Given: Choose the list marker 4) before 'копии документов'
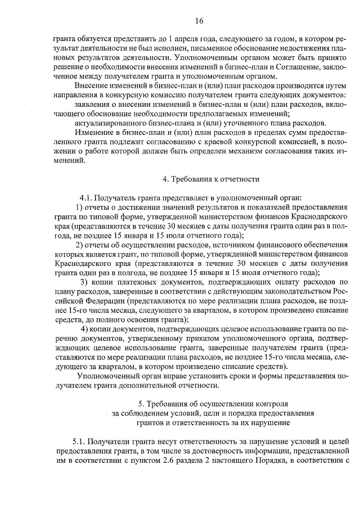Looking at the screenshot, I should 84,328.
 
